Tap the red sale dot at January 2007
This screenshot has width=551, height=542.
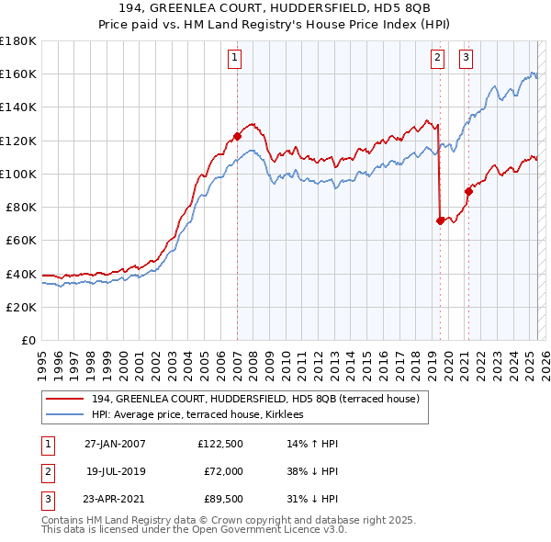tap(237, 136)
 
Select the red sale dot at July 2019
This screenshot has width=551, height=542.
tap(440, 220)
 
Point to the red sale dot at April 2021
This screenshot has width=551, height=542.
tap(468, 191)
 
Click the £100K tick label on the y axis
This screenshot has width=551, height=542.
tap(18, 174)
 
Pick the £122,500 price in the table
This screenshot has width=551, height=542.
tap(219, 445)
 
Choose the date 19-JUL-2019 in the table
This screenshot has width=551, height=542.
tap(115, 471)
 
